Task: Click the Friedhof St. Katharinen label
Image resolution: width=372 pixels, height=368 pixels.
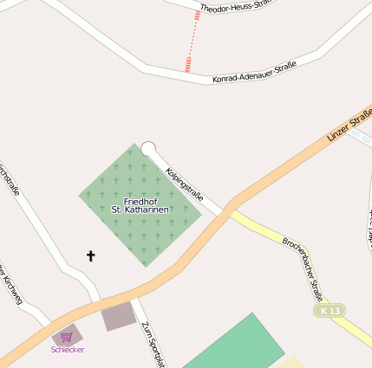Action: pyautogui.click(x=140, y=205)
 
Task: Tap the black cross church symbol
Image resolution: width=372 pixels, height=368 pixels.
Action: pyautogui.click(x=90, y=255)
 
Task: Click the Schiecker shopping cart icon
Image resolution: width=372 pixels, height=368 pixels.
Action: pyautogui.click(x=67, y=337)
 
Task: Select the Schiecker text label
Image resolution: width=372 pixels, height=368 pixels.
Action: pyautogui.click(x=68, y=350)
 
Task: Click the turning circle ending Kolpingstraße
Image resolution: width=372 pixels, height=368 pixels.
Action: pyautogui.click(x=148, y=149)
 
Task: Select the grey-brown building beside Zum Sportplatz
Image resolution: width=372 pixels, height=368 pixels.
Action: pyautogui.click(x=119, y=316)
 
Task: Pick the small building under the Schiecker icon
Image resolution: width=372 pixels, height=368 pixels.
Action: pyautogui.click(x=67, y=334)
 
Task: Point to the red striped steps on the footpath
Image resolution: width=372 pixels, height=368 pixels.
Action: pyautogui.click(x=188, y=64)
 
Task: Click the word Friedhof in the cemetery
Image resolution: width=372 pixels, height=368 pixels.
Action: pyautogui.click(x=140, y=201)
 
